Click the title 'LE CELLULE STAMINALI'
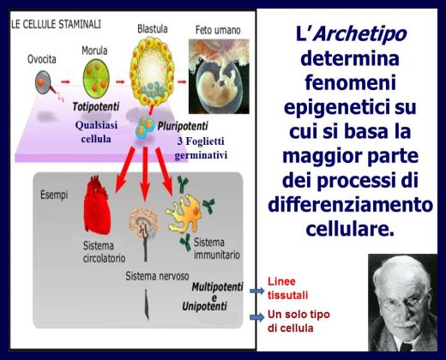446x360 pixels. click(x=56, y=24)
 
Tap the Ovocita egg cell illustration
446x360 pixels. click(x=43, y=82)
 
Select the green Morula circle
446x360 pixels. click(x=96, y=79)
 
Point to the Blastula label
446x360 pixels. click(x=153, y=29)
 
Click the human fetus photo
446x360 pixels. click(x=219, y=76)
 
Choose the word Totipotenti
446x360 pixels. click(x=96, y=107)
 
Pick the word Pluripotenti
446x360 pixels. click(x=183, y=126)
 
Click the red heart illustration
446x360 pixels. click(x=97, y=205)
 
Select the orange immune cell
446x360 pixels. click(x=184, y=213)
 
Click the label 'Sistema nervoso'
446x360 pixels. click(x=157, y=276)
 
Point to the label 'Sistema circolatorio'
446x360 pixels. click(x=104, y=252)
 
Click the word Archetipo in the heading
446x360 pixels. click(x=361, y=34)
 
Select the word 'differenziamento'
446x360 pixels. click(x=351, y=205)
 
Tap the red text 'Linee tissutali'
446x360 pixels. click(x=287, y=288)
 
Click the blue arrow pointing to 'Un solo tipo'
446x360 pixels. click(x=257, y=317)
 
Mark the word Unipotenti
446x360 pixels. click(x=205, y=306)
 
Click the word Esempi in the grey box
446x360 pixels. click(x=54, y=195)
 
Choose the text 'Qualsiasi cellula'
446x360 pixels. click(x=96, y=132)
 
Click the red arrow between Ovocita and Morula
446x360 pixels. click(x=65, y=82)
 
